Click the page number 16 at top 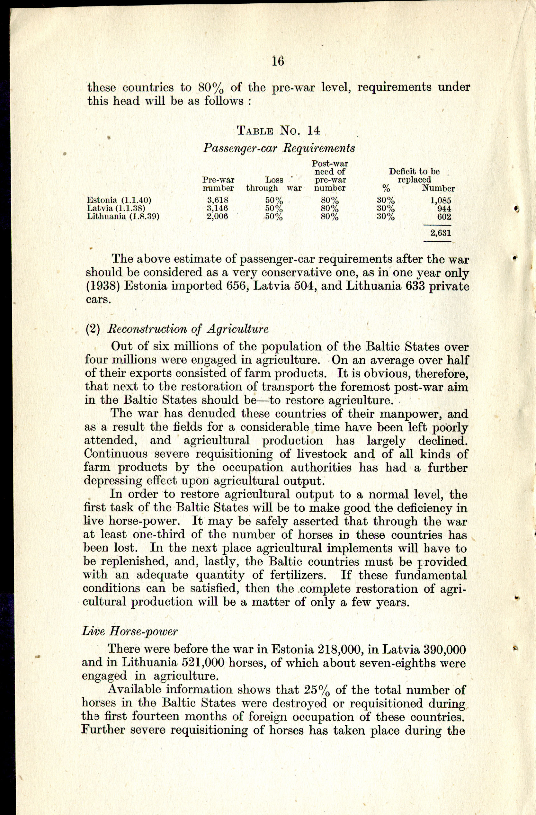[x=278, y=61]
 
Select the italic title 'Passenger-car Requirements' [x=279, y=148]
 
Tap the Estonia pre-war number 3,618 [x=218, y=200]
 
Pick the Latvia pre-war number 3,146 [x=218, y=208]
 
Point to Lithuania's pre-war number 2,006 [x=218, y=216]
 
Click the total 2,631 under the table [x=441, y=233]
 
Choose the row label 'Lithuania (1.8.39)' [x=123, y=216]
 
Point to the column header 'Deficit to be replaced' [x=414, y=175]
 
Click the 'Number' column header [x=438, y=188]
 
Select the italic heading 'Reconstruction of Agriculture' [x=188, y=329]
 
